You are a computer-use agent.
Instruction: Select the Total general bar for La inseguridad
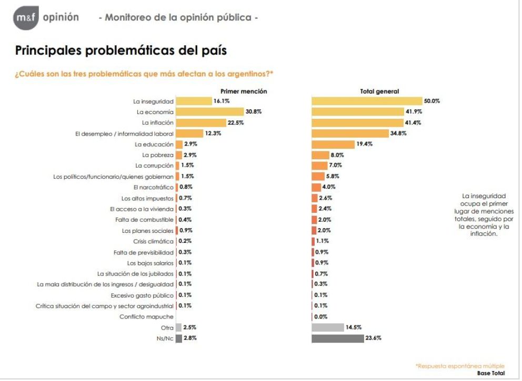point(367,101)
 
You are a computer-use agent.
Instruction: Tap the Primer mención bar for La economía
point(209,111)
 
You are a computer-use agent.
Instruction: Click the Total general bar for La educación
point(333,144)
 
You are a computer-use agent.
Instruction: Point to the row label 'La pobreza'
point(157,155)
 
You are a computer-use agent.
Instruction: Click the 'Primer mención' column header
point(244,91)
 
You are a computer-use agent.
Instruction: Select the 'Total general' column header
point(379,91)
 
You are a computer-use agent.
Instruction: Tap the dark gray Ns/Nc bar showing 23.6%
point(338,338)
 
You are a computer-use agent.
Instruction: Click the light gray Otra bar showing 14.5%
point(327,327)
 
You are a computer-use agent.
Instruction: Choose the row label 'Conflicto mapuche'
point(146,316)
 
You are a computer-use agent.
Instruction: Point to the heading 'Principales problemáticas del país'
point(121,51)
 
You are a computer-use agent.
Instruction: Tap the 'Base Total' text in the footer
point(490,373)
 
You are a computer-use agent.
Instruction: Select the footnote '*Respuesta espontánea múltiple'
point(460,366)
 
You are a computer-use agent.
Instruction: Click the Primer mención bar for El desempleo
point(189,133)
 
